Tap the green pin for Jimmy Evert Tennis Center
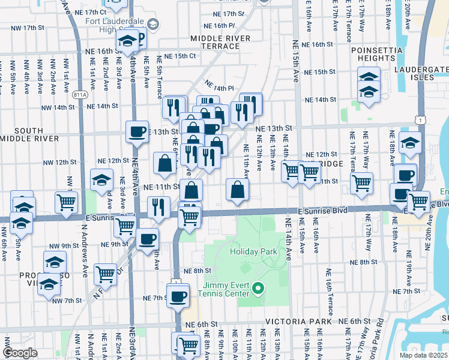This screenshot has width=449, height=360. point(259,289)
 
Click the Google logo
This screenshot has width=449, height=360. point(20,353)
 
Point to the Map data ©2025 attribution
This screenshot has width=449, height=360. point(424,355)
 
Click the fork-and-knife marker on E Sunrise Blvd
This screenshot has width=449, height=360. point(158,208)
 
